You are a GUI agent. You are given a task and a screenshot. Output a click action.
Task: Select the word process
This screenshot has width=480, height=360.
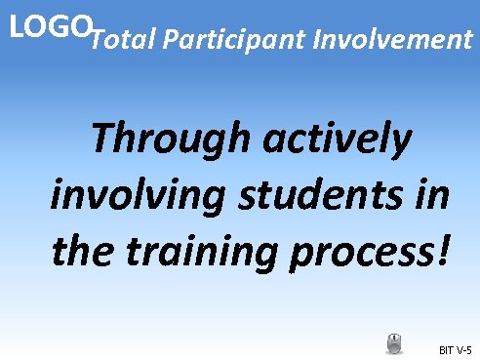coord(375,253)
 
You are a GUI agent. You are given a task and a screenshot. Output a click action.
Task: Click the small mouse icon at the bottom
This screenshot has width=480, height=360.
coord(394,343)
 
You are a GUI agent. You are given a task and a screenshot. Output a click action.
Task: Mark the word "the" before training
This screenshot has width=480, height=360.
coord(83,253)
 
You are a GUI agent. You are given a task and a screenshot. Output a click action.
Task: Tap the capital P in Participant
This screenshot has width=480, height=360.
coord(172,41)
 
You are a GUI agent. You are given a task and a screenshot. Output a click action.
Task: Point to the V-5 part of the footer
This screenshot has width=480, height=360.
coord(463,349)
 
